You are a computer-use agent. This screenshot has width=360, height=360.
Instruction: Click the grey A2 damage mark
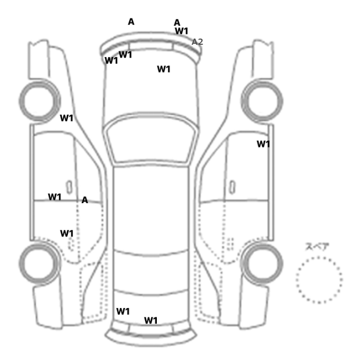(197, 42)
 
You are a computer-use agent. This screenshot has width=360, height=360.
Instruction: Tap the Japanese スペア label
(317, 246)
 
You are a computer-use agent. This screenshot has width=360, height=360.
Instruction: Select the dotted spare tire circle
(319, 258)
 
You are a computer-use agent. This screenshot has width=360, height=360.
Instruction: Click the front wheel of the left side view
(40, 101)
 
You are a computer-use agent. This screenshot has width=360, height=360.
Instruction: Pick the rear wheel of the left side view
(40, 263)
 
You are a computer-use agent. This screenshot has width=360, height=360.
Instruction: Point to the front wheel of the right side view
(262, 101)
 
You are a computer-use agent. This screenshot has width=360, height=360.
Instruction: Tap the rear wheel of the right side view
(262, 263)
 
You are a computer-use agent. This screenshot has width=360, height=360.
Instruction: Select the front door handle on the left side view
(69, 187)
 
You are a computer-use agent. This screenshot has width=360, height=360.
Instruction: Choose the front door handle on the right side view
(232, 187)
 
